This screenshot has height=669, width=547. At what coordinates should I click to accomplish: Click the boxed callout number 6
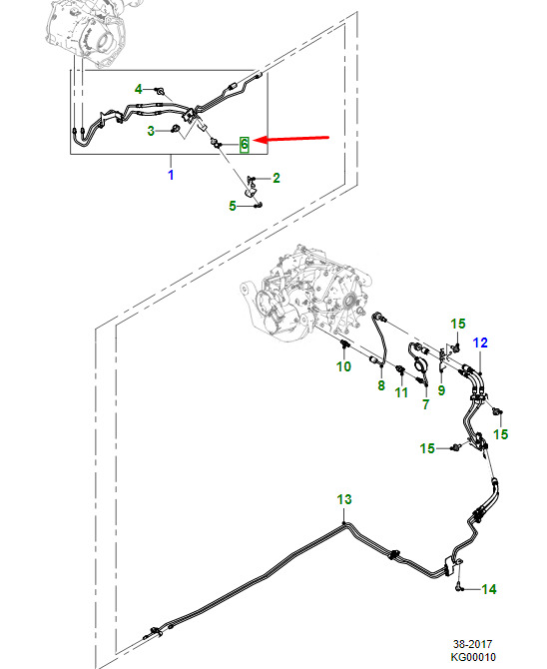tap(245, 144)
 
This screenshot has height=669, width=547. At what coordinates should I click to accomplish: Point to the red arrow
tap(291, 139)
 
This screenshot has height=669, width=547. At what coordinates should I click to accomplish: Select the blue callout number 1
tap(171, 175)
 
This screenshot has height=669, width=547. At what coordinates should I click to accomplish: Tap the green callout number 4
tap(138, 89)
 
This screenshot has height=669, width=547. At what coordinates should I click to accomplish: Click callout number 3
tap(151, 131)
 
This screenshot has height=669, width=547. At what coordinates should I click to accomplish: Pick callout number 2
tap(276, 178)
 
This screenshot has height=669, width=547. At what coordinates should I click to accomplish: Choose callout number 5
tap(233, 206)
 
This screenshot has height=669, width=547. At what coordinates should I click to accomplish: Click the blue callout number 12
tap(480, 342)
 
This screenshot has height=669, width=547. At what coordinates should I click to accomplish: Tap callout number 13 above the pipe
tap(344, 499)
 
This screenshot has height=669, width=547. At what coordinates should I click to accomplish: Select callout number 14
tap(489, 589)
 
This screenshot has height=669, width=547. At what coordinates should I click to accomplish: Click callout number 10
tap(343, 366)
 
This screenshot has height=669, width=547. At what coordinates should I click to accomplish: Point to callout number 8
tap(381, 385)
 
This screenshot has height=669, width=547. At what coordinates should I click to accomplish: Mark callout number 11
tap(401, 392)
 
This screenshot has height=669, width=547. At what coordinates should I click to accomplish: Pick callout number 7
tap(425, 404)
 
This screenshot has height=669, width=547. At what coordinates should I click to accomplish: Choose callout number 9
tap(441, 390)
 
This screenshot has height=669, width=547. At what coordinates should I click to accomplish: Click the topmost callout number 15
tap(458, 324)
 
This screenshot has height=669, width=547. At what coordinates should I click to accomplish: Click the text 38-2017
tap(472, 644)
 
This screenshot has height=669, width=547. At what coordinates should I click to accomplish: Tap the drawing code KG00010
tap(473, 657)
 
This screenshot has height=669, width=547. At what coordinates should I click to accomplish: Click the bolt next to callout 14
tap(459, 587)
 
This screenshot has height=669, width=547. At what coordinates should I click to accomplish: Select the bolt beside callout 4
tap(161, 91)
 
